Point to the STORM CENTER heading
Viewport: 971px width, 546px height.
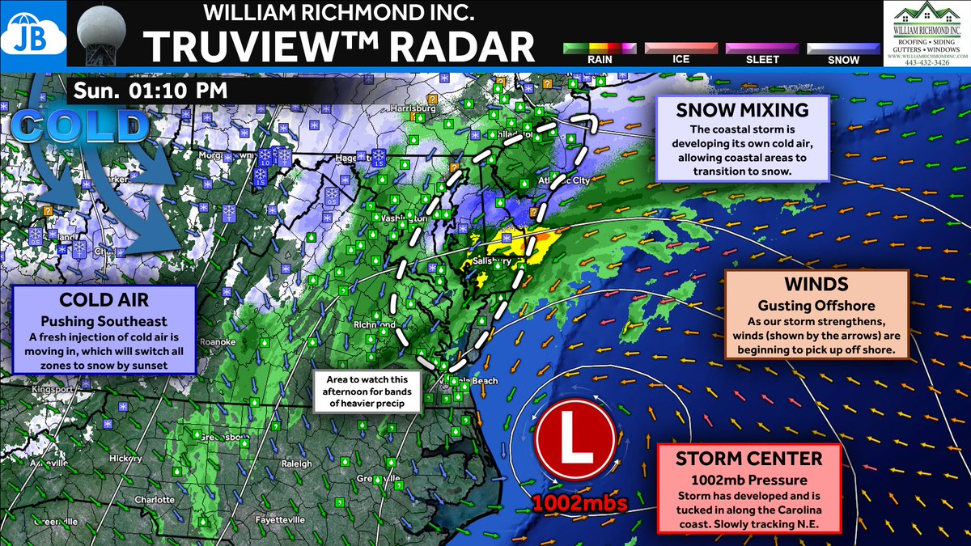[751, 459]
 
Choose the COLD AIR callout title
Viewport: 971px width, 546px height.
[104, 301]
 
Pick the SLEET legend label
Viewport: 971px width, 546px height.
[761, 59]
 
